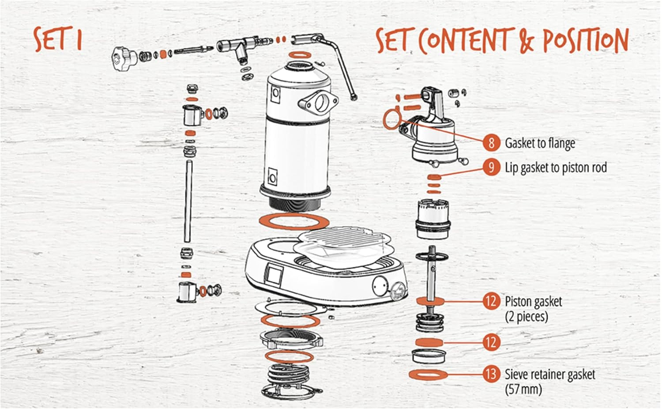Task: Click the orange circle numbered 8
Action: tap(491, 143)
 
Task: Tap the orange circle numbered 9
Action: tap(491, 167)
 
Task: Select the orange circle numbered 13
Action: tap(491, 374)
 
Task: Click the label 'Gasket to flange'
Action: tap(540, 143)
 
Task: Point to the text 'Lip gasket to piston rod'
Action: tap(556, 168)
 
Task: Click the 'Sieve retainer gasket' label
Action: tap(550, 375)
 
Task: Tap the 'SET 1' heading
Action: tap(58, 39)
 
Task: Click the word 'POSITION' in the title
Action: tap(586, 41)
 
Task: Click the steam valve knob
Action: tap(124, 58)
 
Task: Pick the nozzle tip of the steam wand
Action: tap(354, 97)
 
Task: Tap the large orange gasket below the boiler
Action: tap(294, 221)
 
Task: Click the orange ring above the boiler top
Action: tap(300, 55)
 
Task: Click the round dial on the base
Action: tap(380, 285)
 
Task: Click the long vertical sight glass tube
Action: tap(188, 201)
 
